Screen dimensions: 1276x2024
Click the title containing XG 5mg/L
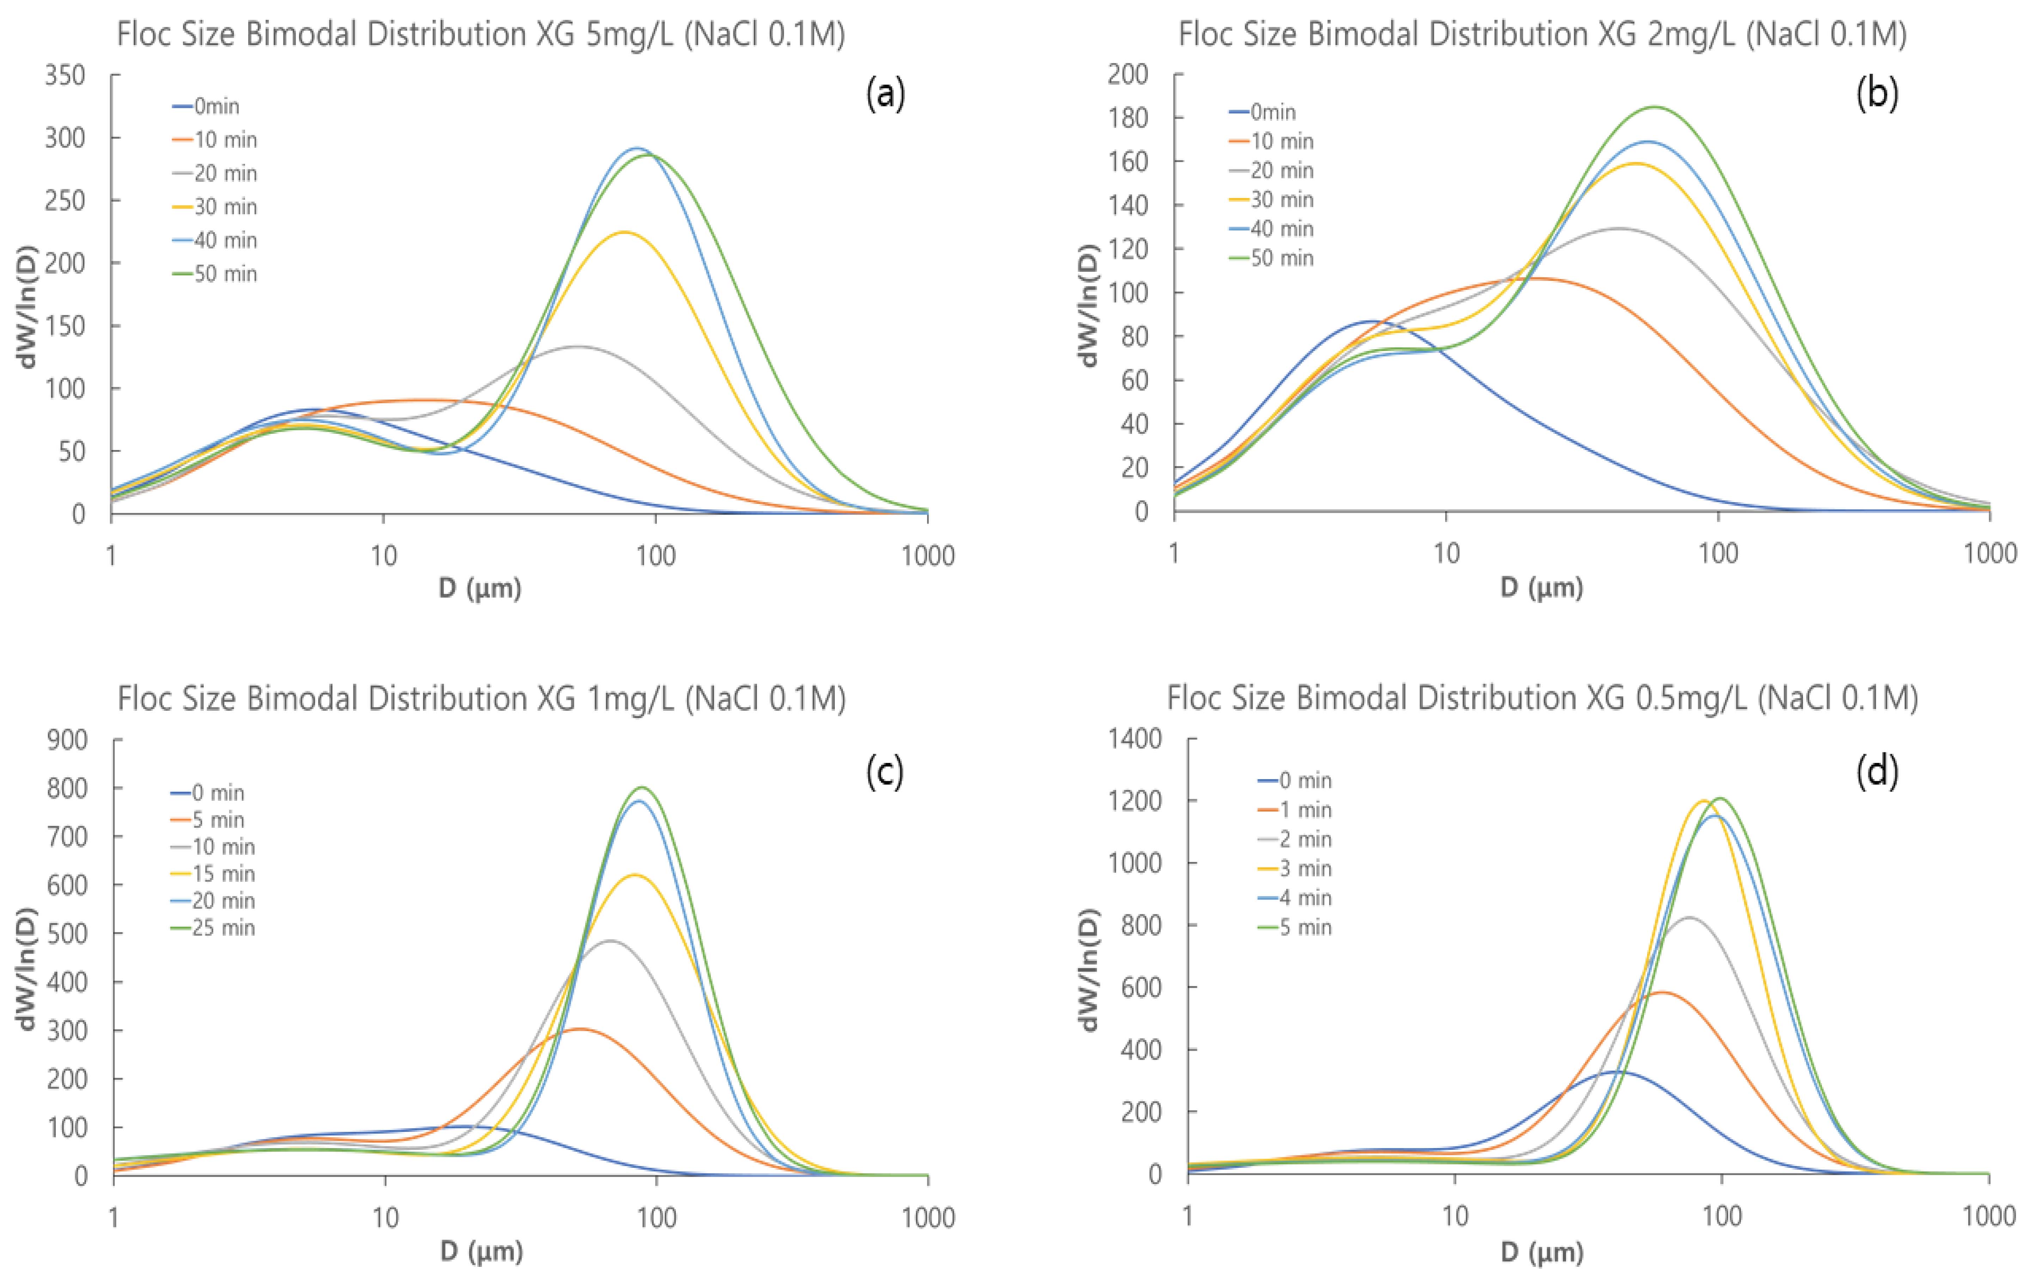(x=481, y=35)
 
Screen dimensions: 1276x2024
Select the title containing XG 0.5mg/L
(x=1542, y=698)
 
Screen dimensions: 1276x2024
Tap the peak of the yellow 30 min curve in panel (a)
(x=624, y=232)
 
